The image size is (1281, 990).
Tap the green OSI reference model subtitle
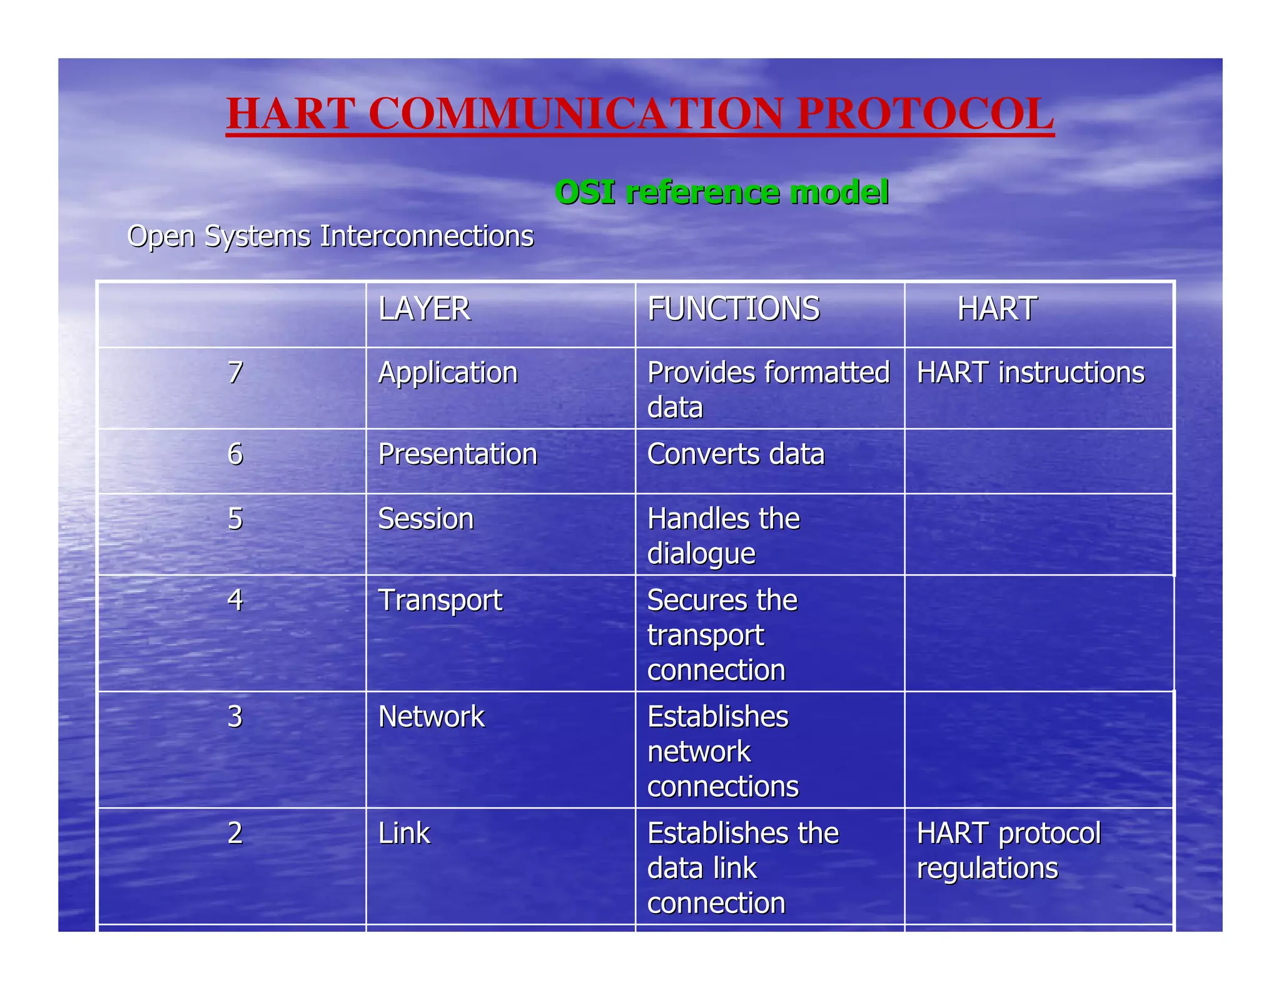721,192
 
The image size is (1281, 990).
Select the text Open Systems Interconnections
330,237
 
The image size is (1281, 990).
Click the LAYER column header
424,309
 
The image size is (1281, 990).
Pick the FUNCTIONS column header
733,309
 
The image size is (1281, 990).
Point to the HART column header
997,309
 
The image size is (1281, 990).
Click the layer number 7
235,373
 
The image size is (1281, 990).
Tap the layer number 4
235,600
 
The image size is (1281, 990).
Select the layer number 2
235,834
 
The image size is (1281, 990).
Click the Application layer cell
448,374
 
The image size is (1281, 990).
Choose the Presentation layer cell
457,454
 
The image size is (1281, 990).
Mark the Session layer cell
426,519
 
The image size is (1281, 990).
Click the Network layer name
431,717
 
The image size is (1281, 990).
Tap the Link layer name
404,834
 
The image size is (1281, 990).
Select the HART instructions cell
1030,373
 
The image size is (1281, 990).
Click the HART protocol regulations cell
1008,851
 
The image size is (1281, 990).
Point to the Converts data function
736,454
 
